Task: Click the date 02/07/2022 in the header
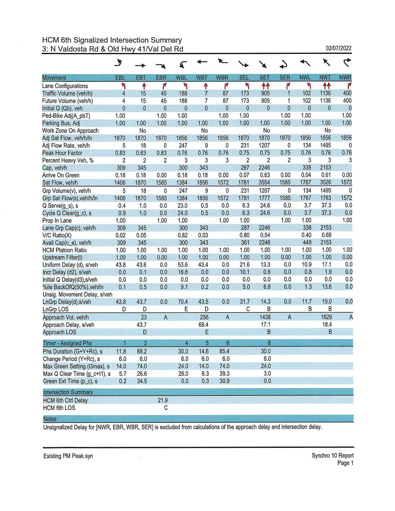[x=339, y=48]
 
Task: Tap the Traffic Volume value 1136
[x=325, y=93]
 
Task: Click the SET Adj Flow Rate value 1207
[x=264, y=145]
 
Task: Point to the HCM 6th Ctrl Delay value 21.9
[x=163, y=400]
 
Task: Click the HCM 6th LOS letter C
[x=166, y=408]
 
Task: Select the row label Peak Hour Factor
[x=62, y=153]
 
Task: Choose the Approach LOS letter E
[x=207, y=332]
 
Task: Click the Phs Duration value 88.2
[x=142, y=351]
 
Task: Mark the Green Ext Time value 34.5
[x=142, y=381]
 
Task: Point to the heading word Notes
[x=50, y=419]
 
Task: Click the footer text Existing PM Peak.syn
[x=68, y=456]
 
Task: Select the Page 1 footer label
[x=345, y=463]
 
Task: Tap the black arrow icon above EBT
[x=140, y=65]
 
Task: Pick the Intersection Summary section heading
[x=68, y=392]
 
